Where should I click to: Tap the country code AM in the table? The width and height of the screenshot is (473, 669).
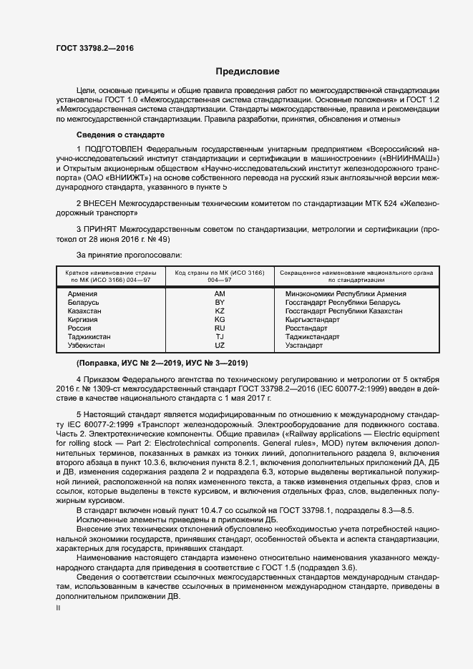click(x=220, y=294)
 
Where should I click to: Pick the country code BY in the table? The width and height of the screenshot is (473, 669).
click(x=220, y=303)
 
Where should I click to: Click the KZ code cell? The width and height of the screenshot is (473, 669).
click(x=220, y=311)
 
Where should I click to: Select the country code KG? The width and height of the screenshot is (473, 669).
click(x=220, y=320)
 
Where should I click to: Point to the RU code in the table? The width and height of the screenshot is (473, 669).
click(x=220, y=328)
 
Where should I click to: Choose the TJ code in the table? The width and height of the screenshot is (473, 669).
click(x=220, y=337)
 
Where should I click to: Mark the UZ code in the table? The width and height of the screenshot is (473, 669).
click(x=220, y=346)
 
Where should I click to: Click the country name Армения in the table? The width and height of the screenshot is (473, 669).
click(x=83, y=294)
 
